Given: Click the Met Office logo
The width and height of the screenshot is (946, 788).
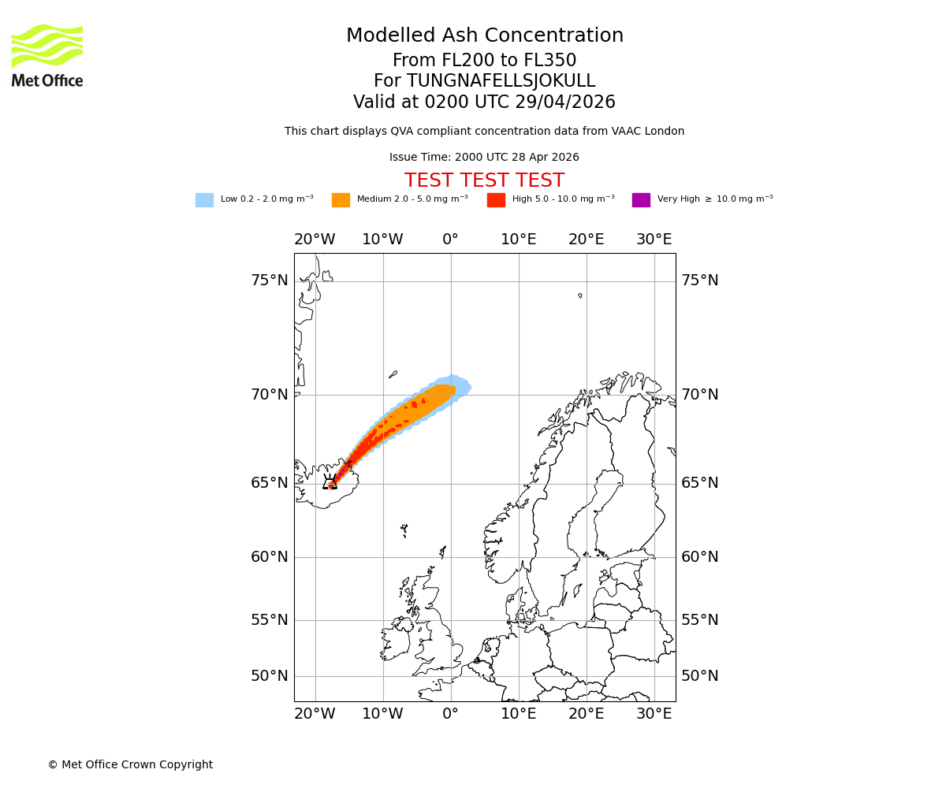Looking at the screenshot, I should tap(47, 55).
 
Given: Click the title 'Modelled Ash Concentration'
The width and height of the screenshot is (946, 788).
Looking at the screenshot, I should tap(484, 36).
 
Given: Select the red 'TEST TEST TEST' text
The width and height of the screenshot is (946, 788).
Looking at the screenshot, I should tap(484, 180).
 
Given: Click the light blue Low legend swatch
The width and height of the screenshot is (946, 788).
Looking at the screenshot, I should tap(204, 200).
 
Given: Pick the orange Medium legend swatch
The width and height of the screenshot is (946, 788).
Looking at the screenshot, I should tap(341, 200).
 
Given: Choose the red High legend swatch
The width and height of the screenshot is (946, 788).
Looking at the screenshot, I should tap(496, 200).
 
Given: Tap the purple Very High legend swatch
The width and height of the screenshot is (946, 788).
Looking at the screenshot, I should tap(641, 200).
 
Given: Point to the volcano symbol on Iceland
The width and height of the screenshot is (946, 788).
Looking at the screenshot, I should tap(330, 481).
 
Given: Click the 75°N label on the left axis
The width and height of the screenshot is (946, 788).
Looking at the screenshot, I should tap(270, 281).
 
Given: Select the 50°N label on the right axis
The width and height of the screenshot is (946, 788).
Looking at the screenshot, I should tap(700, 676).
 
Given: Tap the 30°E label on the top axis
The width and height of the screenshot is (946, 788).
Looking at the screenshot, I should tap(654, 240).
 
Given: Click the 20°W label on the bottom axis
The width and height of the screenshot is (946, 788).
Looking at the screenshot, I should tap(315, 714).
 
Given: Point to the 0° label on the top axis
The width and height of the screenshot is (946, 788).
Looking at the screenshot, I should tap(450, 240).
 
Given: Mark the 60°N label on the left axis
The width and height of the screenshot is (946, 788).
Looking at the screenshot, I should tap(270, 557).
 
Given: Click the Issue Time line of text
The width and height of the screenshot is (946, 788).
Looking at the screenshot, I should tap(484, 158).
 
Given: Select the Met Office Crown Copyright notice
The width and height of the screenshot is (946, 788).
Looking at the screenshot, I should tap(130, 764).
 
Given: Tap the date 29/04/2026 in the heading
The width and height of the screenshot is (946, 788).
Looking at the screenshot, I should tap(565, 102).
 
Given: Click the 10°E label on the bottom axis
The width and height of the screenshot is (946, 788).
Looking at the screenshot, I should tap(518, 714).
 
